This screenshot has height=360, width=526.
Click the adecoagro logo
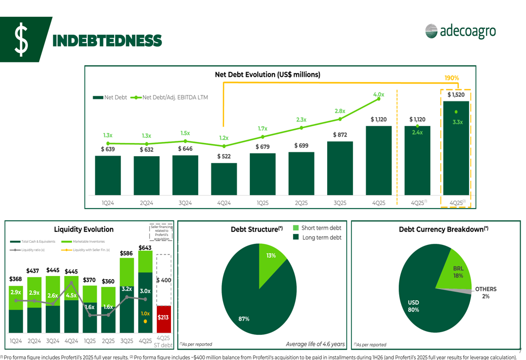click(460, 32)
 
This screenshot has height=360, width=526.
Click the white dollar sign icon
click(21, 39)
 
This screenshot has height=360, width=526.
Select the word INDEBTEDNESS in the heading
click(107, 40)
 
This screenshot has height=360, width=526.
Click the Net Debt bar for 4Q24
click(224, 179)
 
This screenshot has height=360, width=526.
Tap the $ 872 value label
click(340, 135)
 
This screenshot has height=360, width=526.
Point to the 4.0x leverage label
click(379, 95)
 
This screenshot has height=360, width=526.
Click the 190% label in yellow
click(451, 78)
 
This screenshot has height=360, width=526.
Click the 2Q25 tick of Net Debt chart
click(301, 203)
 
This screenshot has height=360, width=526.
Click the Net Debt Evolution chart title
click(267, 75)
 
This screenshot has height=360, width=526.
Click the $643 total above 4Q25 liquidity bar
click(145, 248)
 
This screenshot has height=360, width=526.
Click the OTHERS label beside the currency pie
click(485, 289)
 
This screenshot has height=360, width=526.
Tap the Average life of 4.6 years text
click(315, 344)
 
